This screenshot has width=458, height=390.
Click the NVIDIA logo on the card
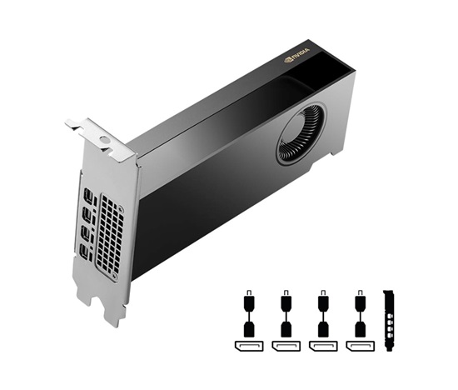coord(296,55)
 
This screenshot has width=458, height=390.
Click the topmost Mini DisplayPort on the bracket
coord(87,195)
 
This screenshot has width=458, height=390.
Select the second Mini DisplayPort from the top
coord(87,213)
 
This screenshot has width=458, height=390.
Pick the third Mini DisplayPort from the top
coord(86,232)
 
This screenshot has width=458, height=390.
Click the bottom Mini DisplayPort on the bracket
coord(85,251)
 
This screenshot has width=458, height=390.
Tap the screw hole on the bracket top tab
coord(104,139)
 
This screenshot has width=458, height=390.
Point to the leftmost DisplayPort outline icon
coord(249,346)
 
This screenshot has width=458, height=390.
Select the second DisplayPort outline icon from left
coord(286,346)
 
